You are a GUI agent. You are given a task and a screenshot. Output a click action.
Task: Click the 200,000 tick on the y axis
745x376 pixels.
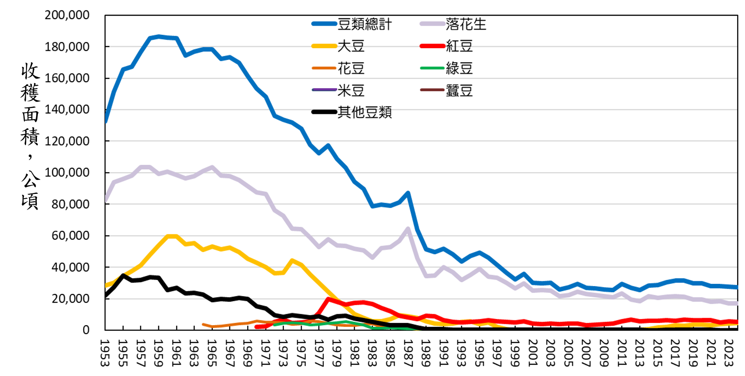tap(67, 15)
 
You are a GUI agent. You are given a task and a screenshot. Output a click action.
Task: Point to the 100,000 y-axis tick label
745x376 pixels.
tap(67, 173)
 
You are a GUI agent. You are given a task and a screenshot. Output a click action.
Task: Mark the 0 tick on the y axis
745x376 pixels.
tap(86, 330)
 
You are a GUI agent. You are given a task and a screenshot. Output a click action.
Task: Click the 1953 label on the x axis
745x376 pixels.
tap(105, 353)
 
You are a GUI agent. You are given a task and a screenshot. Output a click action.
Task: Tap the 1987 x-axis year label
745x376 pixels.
tap(408, 353)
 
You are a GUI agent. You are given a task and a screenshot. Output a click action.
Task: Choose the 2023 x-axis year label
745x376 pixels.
tap(728, 353)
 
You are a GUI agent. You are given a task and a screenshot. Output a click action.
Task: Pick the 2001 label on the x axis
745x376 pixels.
tap(533, 353)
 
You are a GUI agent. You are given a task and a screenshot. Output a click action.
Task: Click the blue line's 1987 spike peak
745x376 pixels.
tap(408, 193)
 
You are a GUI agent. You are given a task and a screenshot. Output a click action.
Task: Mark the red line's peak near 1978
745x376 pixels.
tap(328, 299)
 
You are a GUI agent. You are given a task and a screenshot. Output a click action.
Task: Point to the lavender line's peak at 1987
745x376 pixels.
tap(408, 228)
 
